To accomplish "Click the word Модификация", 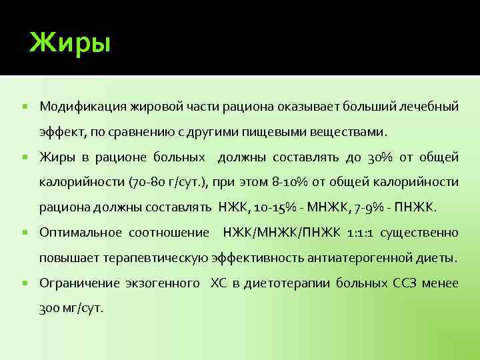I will [77, 107].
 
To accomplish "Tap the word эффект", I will [60, 132].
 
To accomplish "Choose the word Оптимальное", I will [80, 233].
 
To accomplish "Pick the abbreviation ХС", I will [219, 283].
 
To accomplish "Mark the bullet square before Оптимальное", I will [25, 233].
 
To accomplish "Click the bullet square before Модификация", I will [25, 107].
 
